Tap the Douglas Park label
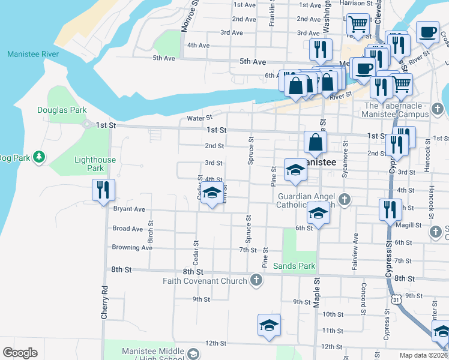pos(62,110)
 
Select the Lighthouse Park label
pos(95,164)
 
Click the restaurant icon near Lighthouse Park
pos(103,191)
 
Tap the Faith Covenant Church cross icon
pos(256,280)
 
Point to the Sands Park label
pos(294,266)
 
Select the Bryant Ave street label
pos(129,209)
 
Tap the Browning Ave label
pos(132,247)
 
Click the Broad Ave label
pos(128,229)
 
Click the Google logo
pos(20,353)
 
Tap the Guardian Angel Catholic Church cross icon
pos(344,199)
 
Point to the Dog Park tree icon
pos(40,157)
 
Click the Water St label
pos(200,118)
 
